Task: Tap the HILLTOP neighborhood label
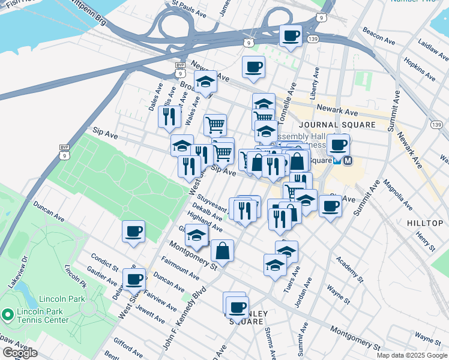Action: (425, 223)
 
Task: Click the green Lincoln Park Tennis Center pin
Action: (7, 314)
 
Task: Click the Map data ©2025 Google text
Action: (412, 355)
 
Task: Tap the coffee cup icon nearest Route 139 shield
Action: (291, 37)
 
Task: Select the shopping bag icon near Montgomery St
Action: (222, 252)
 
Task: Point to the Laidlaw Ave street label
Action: (433, 51)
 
